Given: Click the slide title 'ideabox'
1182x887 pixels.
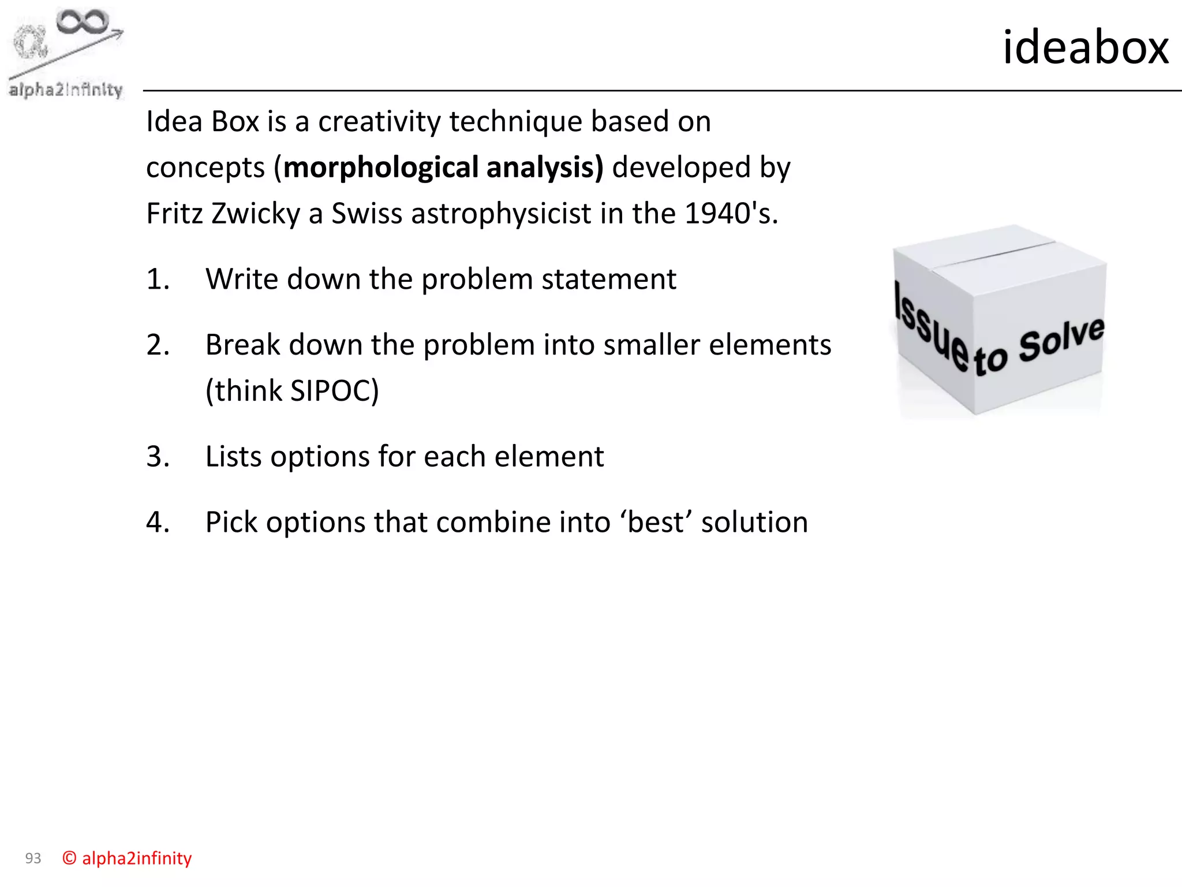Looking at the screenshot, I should coord(1085,47).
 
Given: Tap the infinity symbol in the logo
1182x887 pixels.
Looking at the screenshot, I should coord(83,22).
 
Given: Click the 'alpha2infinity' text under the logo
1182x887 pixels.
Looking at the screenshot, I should coord(66,90).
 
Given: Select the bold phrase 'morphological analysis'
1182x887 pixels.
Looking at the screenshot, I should coord(443,167).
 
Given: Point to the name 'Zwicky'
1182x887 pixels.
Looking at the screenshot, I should coord(256,214).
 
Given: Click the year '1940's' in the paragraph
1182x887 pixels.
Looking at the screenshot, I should coord(730,214).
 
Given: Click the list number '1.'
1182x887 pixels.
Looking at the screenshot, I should coord(158,279).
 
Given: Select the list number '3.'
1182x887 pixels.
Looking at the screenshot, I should coord(158,457).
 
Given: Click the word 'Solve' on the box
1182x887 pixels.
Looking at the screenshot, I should coord(1061,341).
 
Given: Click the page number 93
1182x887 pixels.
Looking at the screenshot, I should coord(33,859).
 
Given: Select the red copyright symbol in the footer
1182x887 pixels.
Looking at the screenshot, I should coord(69,859).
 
